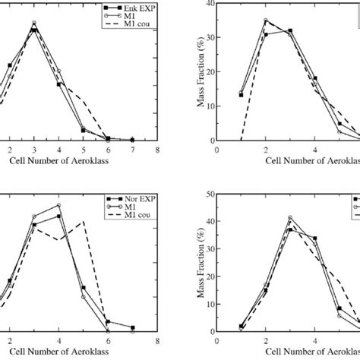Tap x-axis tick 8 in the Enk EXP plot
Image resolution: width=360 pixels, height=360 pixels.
(x=156, y=150)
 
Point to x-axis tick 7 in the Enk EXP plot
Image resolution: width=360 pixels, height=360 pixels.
(x=132, y=150)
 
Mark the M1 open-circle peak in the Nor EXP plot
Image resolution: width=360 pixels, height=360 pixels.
(x=58, y=205)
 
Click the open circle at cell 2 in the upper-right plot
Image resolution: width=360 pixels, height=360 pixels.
(x=265, y=21)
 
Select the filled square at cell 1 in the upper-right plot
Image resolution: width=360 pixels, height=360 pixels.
(x=241, y=95)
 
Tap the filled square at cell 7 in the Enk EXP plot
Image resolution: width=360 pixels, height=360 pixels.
(x=132, y=140)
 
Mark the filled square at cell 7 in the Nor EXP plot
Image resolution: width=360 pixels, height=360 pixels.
(x=132, y=328)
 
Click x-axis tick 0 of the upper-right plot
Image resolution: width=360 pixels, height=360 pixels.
(x=217, y=150)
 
